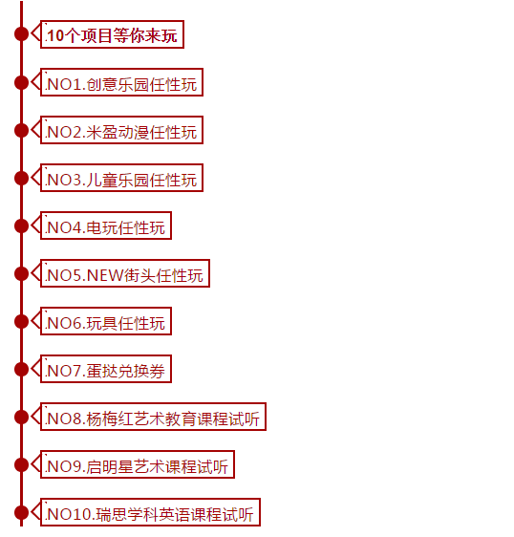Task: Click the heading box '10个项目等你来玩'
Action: (x=112, y=34)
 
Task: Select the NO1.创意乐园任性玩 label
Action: (x=121, y=82)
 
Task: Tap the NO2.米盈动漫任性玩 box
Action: (x=121, y=130)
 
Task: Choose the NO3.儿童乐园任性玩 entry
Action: (x=121, y=178)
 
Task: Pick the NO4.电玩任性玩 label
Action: (x=106, y=226)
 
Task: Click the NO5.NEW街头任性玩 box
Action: (x=125, y=273)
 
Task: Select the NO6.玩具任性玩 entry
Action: (x=106, y=321)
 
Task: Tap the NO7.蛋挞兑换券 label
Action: (x=106, y=369)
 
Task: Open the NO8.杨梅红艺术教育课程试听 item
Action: (x=153, y=417)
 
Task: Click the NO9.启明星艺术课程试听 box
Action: (x=138, y=464)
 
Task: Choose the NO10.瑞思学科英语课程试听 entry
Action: (x=150, y=512)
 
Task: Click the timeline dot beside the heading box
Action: (x=21, y=33)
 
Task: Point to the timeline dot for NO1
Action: (x=21, y=82)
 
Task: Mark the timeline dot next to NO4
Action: (x=21, y=226)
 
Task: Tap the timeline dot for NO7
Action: (x=21, y=369)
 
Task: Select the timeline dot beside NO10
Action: (x=21, y=513)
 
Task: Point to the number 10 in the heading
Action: (x=55, y=35)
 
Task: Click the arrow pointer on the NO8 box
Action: (x=35, y=417)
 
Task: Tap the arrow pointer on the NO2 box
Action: (x=35, y=130)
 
